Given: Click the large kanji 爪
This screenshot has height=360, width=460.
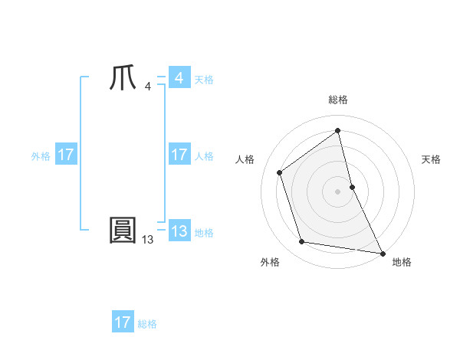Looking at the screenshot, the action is click(x=123, y=79).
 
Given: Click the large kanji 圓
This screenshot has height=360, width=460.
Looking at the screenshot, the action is click(x=123, y=231).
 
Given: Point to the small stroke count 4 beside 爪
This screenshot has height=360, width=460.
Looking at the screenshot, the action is click(x=147, y=87).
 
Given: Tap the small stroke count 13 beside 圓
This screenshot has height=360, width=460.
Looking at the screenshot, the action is click(x=147, y=239).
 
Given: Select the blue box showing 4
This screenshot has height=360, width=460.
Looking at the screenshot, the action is click(x=179, y=78).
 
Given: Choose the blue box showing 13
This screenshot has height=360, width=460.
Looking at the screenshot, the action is click(x=179, y=231).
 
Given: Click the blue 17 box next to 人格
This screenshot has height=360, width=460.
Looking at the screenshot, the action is click(x=179, y=155).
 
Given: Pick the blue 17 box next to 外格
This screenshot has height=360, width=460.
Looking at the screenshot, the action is click(x=65, y=155).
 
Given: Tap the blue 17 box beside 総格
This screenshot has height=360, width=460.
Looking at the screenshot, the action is click(x=123, y=322).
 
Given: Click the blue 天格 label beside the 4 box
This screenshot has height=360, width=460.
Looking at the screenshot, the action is click(x=204, y=80).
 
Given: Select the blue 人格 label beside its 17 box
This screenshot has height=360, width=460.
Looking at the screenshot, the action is click(x=204, y=156).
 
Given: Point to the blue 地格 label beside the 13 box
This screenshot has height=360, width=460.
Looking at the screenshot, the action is click(x=204, y=233).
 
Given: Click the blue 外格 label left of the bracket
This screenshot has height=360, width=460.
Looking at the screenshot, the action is click(x=41, y=156).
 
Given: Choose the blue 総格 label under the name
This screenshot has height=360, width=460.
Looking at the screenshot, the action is click(x=147, y=324).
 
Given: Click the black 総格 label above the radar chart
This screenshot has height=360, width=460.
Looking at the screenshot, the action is click(x=337, y=100).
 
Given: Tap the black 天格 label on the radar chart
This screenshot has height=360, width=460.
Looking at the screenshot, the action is click(x=431, y=159).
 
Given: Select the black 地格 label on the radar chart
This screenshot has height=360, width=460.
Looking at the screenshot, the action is click(x=402, y=262).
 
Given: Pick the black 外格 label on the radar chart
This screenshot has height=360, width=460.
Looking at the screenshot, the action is click(x=270, y=262).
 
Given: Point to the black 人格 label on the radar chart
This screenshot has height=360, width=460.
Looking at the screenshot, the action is click(x=245, y=159).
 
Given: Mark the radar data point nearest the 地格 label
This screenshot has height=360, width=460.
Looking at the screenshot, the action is click(x=382, y=253).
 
